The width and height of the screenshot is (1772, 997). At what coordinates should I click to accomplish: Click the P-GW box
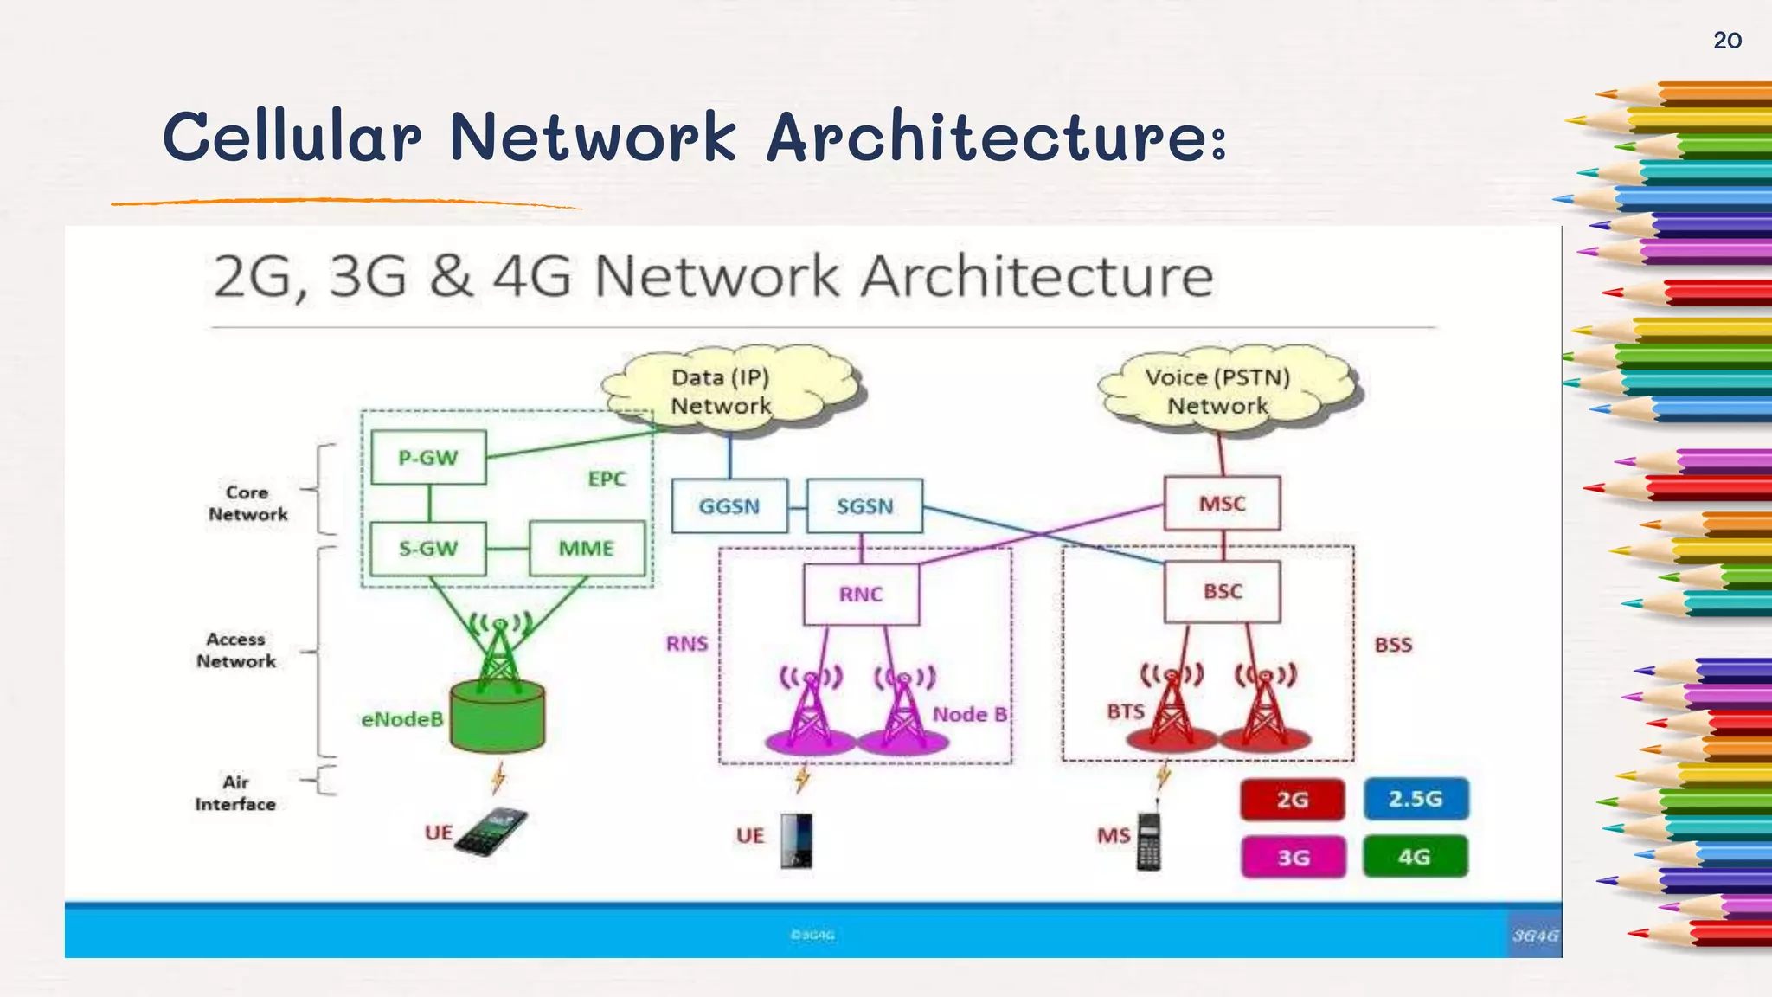(428, 458)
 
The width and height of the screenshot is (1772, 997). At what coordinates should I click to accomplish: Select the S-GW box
(428, 549)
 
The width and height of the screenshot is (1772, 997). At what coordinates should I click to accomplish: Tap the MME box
(587, 549)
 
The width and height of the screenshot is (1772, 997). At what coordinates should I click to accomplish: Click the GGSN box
(729, 506)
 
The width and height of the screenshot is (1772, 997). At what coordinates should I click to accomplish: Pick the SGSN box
(864, 506)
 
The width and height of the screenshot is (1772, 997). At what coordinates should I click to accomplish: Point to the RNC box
(861, 595)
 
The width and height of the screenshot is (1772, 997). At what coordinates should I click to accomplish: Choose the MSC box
(1222, 504)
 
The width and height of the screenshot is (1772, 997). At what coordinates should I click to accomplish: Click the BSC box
(1222, 592)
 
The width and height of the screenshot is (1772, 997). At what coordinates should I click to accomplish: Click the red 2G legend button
(1293, 800)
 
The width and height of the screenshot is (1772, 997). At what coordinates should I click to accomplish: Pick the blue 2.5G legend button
(1416, 799)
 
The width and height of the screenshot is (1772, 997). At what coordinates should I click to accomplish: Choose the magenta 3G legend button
(1294, 858)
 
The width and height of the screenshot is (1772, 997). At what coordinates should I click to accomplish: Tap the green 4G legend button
(1415, 857)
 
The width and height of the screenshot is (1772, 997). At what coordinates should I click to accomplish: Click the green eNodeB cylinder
(498, 717)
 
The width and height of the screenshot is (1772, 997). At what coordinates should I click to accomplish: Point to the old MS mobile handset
(1149, 841)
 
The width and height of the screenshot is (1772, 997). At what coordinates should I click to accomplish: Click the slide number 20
(1727, 41)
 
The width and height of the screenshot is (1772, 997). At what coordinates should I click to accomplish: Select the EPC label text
(607, 479)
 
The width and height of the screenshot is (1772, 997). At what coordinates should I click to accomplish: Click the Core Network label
(247, 503)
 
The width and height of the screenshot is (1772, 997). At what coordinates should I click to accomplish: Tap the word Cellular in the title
(292, 138)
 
